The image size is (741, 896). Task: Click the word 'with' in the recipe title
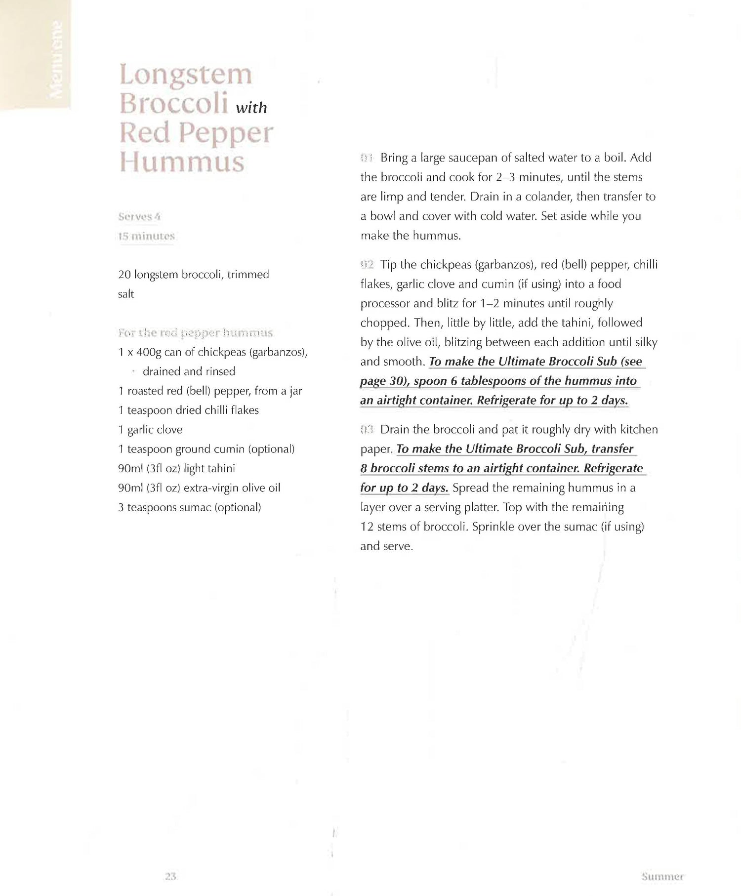[x=251, y=108]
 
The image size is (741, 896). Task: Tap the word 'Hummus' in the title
[x=182, y=162]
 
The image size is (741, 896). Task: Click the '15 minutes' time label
[x=146, y=236]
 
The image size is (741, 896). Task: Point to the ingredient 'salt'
[x=126, y=294]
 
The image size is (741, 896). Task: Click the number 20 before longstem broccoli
[x=124, y=275]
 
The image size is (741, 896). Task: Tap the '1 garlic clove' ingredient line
[x=150, y=430]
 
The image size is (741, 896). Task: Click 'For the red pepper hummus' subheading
[x=195, y=332]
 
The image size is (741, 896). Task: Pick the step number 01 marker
[x=366, y=158]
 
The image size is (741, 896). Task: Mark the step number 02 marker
[x=367, y=265]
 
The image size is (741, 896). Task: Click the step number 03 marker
[x=367, y=430]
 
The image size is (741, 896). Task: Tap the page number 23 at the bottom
[x=170, y=876]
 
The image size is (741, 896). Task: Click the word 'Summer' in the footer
[x=662, y=877]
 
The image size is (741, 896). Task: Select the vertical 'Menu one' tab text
[x=57, y=59]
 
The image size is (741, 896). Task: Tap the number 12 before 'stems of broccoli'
[x=367, y=527]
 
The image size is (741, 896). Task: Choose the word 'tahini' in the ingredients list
[x=218, y=469]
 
